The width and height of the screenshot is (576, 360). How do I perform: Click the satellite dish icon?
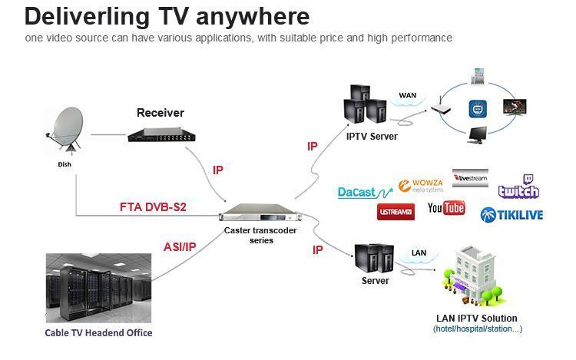(x=65, y=130)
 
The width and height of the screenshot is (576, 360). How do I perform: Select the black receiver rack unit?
(x=161, y=134)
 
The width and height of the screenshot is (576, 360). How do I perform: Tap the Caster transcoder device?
(x=260, y=213)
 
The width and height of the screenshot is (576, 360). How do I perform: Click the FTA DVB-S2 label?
(x=153, y=207)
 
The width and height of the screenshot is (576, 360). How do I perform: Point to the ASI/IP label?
(x=180, y=247)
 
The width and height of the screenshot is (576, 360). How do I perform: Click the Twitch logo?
(x=518, y=187)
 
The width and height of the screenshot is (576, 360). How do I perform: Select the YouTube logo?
(x=446, y=208)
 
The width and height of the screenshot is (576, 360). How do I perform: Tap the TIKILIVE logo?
(x=511, y=215)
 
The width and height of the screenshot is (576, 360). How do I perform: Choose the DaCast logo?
(x=365, y=193)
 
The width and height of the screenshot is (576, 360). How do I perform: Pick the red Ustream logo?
(x=396, y=212)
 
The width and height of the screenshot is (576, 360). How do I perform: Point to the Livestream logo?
(x=470, y=178)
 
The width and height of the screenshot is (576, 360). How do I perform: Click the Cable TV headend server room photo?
(x=98, y=288)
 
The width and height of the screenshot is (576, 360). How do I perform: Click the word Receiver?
(x=161, y=113)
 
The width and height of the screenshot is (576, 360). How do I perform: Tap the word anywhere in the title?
(x=253, y=17)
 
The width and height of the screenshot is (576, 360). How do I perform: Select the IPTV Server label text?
(x=372, y=137)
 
